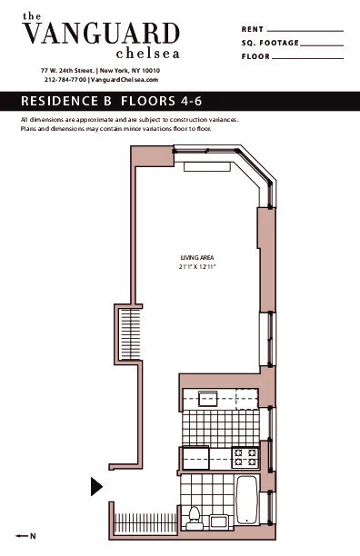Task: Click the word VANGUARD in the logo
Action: click(100, 35)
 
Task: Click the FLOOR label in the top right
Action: click(257, 56)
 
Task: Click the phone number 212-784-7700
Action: click(65, 80)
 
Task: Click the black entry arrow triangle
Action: click(96, 487)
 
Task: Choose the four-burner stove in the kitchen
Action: click(245, 457)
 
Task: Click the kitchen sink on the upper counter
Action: click(208, 399)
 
